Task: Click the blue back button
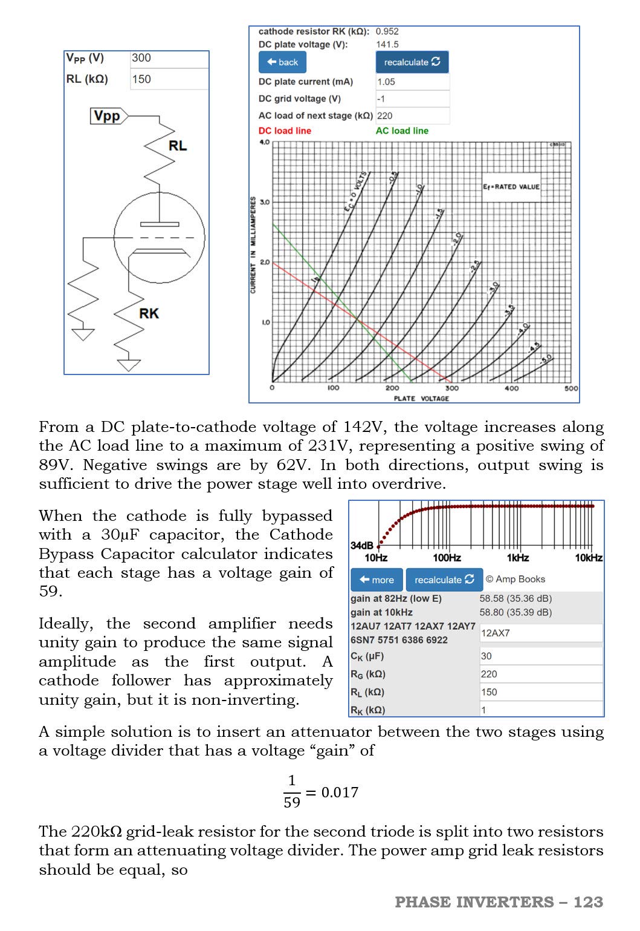282,62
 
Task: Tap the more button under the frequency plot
377,580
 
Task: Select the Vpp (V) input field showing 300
169,58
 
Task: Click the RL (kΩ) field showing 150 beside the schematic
169,79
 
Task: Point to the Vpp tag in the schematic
108,116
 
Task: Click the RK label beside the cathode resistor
149,313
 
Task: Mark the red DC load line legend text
285,131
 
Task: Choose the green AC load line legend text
402,131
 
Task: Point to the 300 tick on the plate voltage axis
451,388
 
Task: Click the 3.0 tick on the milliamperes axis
265,202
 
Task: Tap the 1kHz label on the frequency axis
517,558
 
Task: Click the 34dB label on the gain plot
361,545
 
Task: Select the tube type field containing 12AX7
540,633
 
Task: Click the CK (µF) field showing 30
540,656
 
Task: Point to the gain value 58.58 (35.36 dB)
515,598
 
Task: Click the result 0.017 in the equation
340,792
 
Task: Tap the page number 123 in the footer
588,902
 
